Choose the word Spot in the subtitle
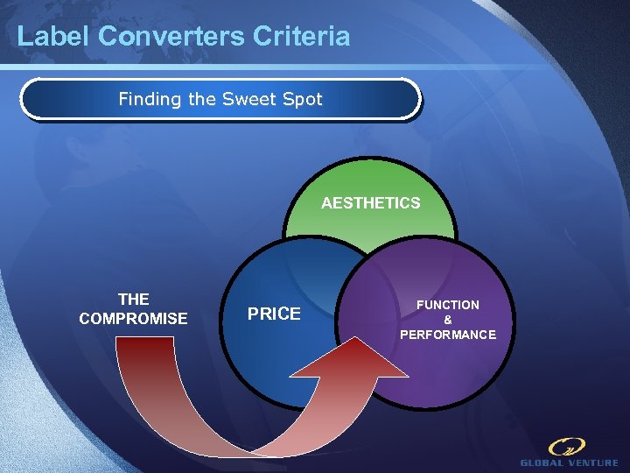(x=303, y=100)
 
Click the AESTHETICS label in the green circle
(x=370, y=203)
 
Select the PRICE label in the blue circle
(x=274, y=314)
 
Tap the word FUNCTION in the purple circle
(x=447, y=305)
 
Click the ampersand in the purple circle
(x=448, y=320)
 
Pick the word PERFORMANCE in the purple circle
(x=448, y=335)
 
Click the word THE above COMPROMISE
(x=133, y=300)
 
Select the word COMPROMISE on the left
(x=133, y=319)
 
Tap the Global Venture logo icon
(x=567, y=447)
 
